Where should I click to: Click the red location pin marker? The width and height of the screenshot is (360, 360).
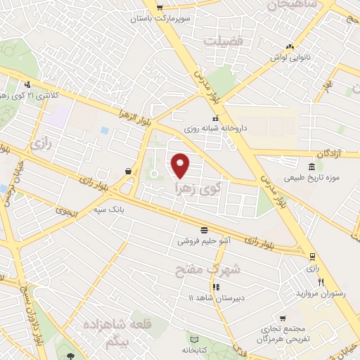pos(181,165)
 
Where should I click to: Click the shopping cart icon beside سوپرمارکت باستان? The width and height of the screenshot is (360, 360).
pos(160,8)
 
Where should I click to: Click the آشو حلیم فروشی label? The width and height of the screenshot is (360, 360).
pos(203,240)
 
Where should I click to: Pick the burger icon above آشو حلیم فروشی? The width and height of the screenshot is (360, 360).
pos(204,229)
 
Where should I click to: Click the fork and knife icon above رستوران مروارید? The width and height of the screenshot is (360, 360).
pos(321,281)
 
